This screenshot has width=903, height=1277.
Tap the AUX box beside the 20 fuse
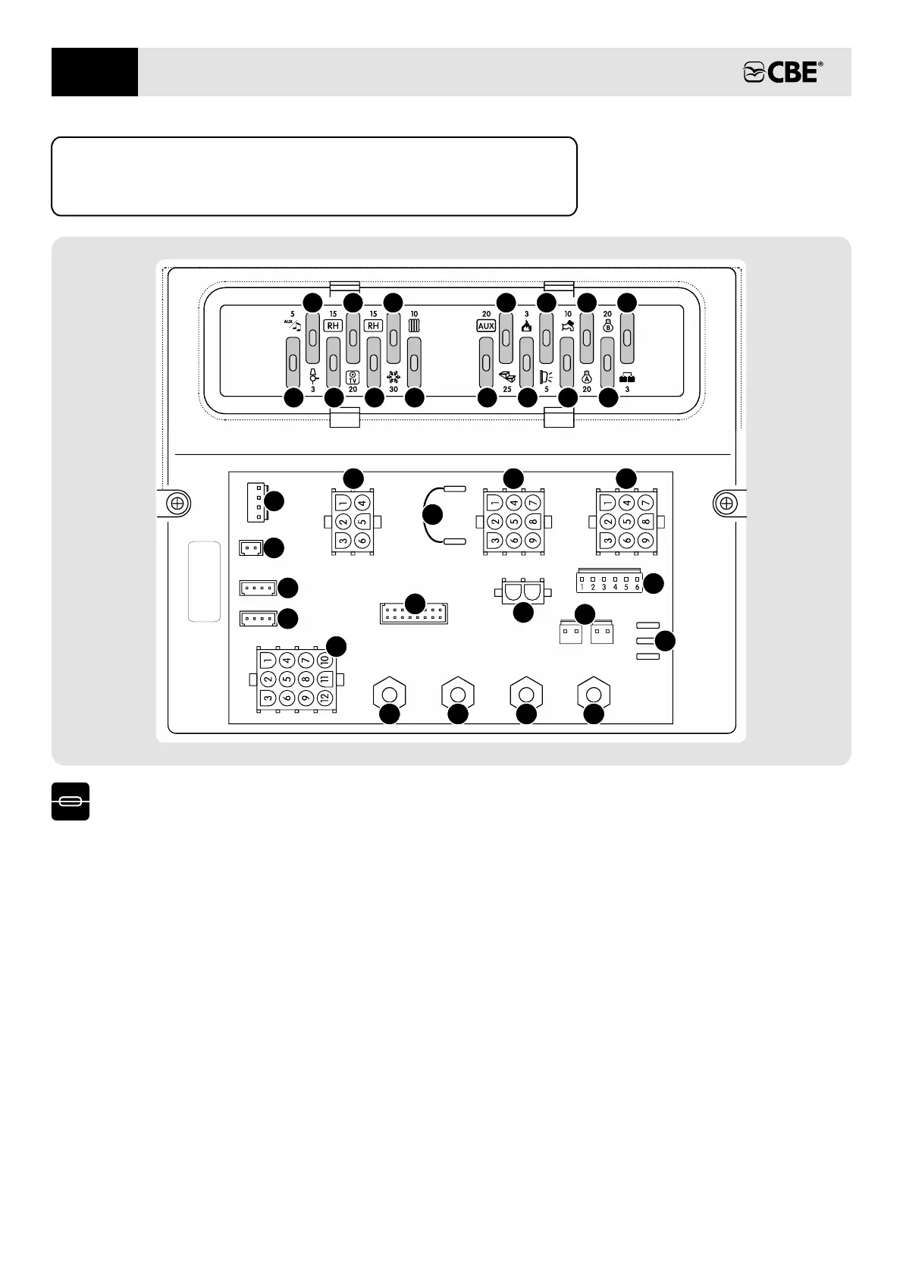486,326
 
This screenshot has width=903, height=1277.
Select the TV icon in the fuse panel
353,377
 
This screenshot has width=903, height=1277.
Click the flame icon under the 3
527,327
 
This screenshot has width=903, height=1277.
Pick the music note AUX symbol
293,325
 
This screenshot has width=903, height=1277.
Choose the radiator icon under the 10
414,326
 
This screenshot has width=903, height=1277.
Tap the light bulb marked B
607,327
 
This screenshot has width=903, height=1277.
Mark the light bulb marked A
587,376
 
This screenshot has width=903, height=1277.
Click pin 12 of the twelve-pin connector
325,698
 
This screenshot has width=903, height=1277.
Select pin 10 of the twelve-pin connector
325,660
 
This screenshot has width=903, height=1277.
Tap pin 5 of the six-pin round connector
362,522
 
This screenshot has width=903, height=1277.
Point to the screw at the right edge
726,503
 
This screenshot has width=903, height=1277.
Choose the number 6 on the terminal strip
638,587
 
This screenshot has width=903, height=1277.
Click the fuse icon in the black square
71,802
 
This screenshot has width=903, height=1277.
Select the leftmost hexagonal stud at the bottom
390,695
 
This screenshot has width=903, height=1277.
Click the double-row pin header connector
414,613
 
